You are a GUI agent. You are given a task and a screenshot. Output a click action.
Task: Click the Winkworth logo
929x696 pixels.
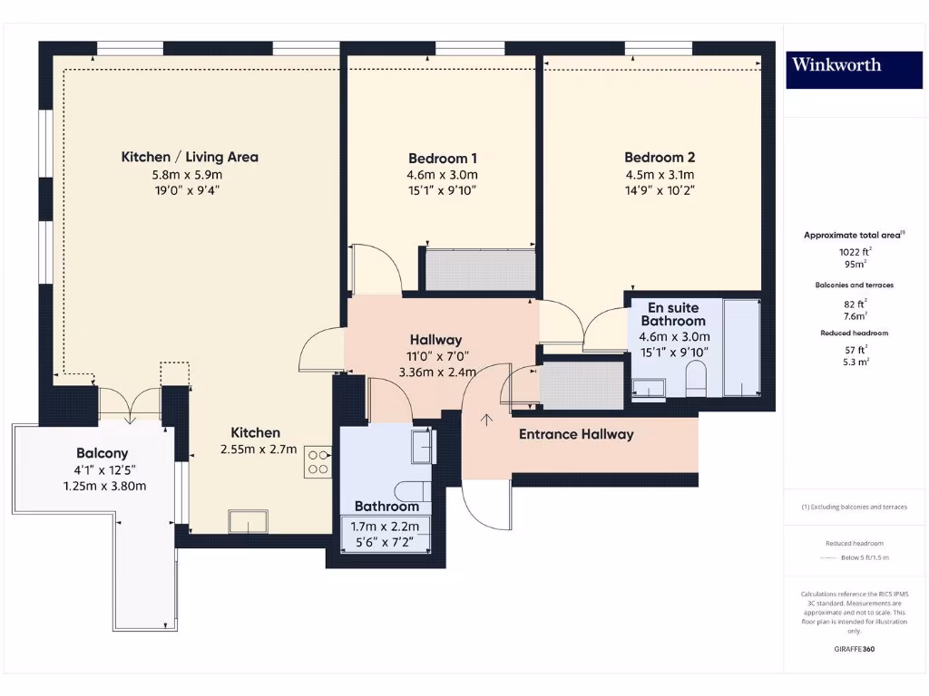pos(836,64)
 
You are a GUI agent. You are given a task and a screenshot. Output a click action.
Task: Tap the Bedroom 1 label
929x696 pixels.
pos(442,157)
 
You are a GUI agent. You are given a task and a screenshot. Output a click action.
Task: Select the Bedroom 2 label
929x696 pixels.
pos(660,157)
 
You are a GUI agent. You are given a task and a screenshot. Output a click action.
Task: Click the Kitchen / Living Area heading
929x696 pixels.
pos(190,157)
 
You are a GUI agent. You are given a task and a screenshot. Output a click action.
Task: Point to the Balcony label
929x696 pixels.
pos(102,453)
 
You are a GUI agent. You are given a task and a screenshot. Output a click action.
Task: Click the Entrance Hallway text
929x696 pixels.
pos(576,434)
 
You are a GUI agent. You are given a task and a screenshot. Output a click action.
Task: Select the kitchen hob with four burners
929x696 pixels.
pos(318,461)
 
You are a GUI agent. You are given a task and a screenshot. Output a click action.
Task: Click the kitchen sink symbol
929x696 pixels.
pos(248,521)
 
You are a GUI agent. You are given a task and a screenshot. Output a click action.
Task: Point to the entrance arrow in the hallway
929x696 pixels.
pos(487,420)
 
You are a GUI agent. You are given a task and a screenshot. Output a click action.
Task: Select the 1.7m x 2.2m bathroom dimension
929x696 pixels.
pos(386,527)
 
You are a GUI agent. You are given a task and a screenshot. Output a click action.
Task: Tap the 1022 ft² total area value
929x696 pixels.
pos(854,252)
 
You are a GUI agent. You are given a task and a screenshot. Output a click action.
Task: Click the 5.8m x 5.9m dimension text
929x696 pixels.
pos(190,175)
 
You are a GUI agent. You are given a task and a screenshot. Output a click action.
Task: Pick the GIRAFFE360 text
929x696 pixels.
pos(854,649)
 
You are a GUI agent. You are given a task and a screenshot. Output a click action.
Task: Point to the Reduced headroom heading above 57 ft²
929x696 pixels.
pos(854,333)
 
